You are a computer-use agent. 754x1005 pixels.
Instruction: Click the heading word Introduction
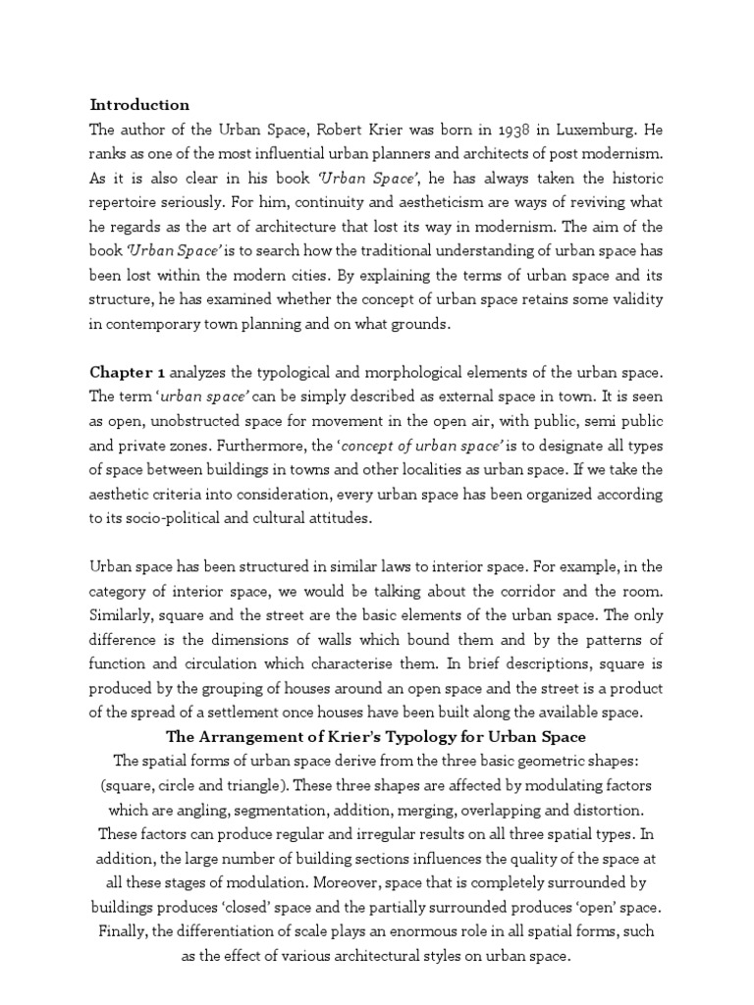click(139, 104)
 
